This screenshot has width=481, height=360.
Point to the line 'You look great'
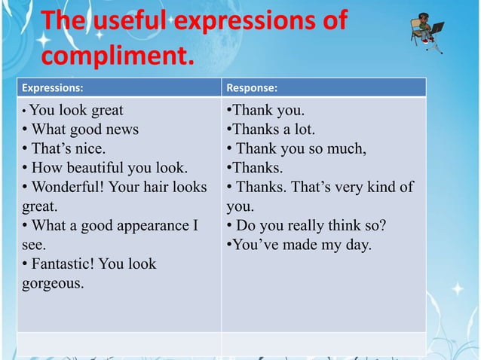click(77, 110)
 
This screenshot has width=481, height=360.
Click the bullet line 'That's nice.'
click(64, 148)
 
